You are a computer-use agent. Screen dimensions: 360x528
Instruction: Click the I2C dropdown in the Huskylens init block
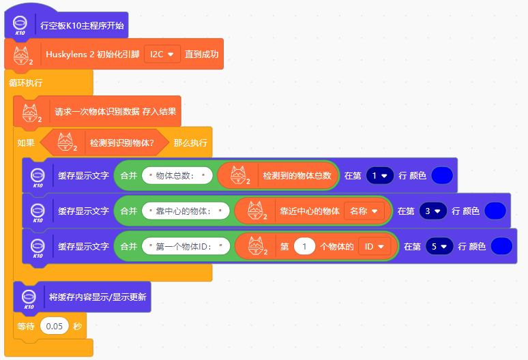tap(162, 54)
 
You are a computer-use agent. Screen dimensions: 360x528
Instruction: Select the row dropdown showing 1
tap(380, 175)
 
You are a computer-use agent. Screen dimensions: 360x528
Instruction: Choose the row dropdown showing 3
tap(432, 211)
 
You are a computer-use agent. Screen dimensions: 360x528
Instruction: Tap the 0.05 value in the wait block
tap(55, 327)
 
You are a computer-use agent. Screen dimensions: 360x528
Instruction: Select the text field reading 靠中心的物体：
tap(186, 211)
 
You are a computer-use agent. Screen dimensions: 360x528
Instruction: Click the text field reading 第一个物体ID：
tap(186, 246)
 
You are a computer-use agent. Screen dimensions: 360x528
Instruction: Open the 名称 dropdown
tap(364, 211)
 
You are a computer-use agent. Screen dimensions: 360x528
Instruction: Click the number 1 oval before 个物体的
tap(304, 246)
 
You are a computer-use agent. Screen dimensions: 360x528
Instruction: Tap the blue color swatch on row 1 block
tap(442, 175)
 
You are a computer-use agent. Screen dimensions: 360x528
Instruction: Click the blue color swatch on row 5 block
tap(501, 246)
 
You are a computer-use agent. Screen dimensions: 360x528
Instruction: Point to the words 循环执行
tap(25, 82)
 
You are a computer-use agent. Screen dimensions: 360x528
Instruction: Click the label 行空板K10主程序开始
tap(83, 26)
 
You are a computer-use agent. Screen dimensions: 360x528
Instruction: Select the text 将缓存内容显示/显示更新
tap(98, 297)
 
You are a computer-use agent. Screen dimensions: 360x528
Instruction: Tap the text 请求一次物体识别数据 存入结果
tap(117, 111)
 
